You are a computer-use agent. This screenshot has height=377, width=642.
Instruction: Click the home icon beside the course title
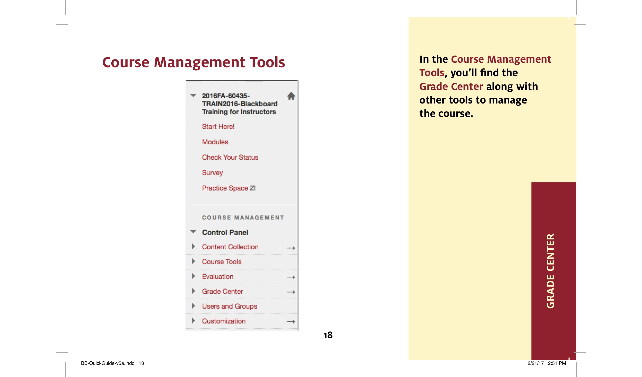tap(291, 96)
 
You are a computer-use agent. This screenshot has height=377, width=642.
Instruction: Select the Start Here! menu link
tap(218, 127)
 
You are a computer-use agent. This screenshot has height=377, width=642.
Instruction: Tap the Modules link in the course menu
tap(215, 142)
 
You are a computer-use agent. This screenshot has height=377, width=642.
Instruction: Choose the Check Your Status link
tap(230, 158)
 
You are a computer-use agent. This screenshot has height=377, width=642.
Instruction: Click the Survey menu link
tap(212, 173)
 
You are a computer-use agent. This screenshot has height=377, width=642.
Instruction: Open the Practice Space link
tap(225, 188)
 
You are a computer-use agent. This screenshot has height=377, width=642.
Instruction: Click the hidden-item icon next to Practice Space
tap(253, 188)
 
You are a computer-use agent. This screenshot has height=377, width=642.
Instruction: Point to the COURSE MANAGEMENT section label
tap(243, 218)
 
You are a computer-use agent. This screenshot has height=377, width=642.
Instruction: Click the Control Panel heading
tap(225, 233)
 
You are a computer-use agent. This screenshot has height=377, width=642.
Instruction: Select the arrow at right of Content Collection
tap(291, 248)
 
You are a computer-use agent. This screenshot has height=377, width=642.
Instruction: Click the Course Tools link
tap(222, 262)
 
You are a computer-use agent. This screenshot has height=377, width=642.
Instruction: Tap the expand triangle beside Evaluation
tap(193, 276)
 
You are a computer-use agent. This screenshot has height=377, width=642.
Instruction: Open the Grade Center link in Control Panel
tap(222, 292)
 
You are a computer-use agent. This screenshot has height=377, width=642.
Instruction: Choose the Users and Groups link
tap(229, 306)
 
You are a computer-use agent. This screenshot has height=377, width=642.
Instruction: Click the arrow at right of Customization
tap(291, 322)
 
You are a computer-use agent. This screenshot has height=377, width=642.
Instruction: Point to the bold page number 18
tap(328, 335)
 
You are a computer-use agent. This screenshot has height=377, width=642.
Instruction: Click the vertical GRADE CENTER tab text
tap(550, 271)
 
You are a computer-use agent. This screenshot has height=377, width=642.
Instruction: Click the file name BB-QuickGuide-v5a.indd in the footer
tap(108, 363)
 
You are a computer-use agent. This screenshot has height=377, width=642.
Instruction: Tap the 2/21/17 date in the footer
tap(536, 363)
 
